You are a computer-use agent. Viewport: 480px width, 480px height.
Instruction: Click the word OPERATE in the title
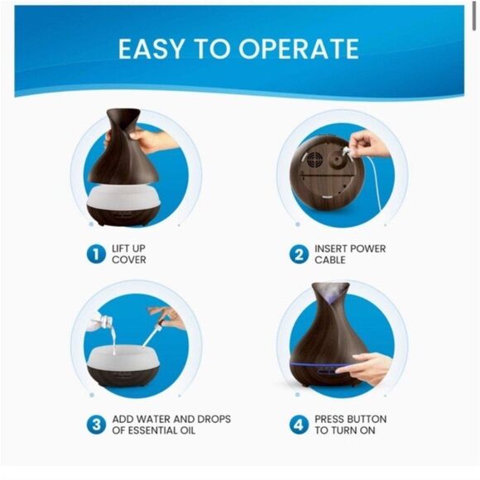tap(299, 48)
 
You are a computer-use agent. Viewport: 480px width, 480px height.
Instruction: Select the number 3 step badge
tap(96, 425)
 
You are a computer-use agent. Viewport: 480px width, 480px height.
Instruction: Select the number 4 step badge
tap(299, 425)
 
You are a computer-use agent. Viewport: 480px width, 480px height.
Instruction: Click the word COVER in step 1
tap(128, 261)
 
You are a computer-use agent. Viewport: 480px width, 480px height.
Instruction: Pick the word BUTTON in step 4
tap(371, 420)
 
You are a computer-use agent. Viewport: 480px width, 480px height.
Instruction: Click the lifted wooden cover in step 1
tap(124, 149)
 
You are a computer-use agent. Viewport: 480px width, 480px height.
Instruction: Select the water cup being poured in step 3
tap(103, 319)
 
